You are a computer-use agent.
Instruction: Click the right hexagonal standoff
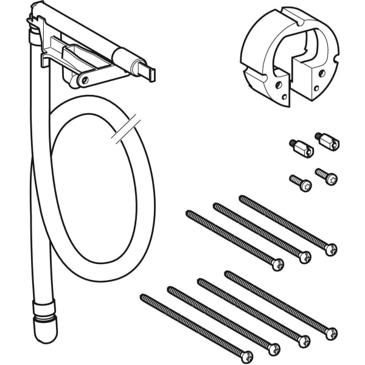point(326,141)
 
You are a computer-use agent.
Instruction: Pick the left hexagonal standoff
point(301,148)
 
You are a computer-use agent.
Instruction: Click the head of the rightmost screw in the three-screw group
point(330,249)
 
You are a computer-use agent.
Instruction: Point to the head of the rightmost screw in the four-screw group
point(330,333)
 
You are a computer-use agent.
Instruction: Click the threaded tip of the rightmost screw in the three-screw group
point(243,198)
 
